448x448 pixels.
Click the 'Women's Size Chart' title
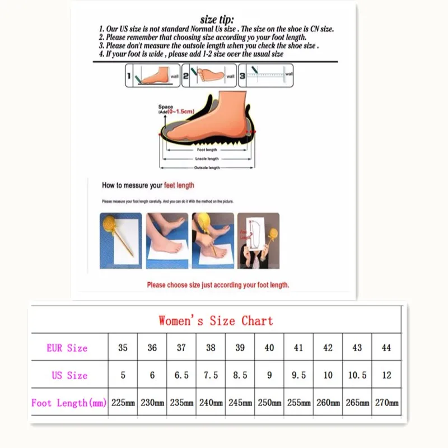(216, 321)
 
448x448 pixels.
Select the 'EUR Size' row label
(67, 348)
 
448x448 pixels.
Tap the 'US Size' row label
(69, 375)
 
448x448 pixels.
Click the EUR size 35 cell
(123, 348)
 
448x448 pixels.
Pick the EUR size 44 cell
(386, 348)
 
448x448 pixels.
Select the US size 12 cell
(386, 375)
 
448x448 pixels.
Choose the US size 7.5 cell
(211, 375)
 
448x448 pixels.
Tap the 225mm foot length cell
(123, 403)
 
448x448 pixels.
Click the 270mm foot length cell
(386, 403)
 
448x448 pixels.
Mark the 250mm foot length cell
(269, 403)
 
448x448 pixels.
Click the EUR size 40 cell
(269, 348)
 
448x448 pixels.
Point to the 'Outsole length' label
(207, 168)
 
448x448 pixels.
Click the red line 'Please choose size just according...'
(218, 285)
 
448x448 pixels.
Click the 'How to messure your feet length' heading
(148, 185)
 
